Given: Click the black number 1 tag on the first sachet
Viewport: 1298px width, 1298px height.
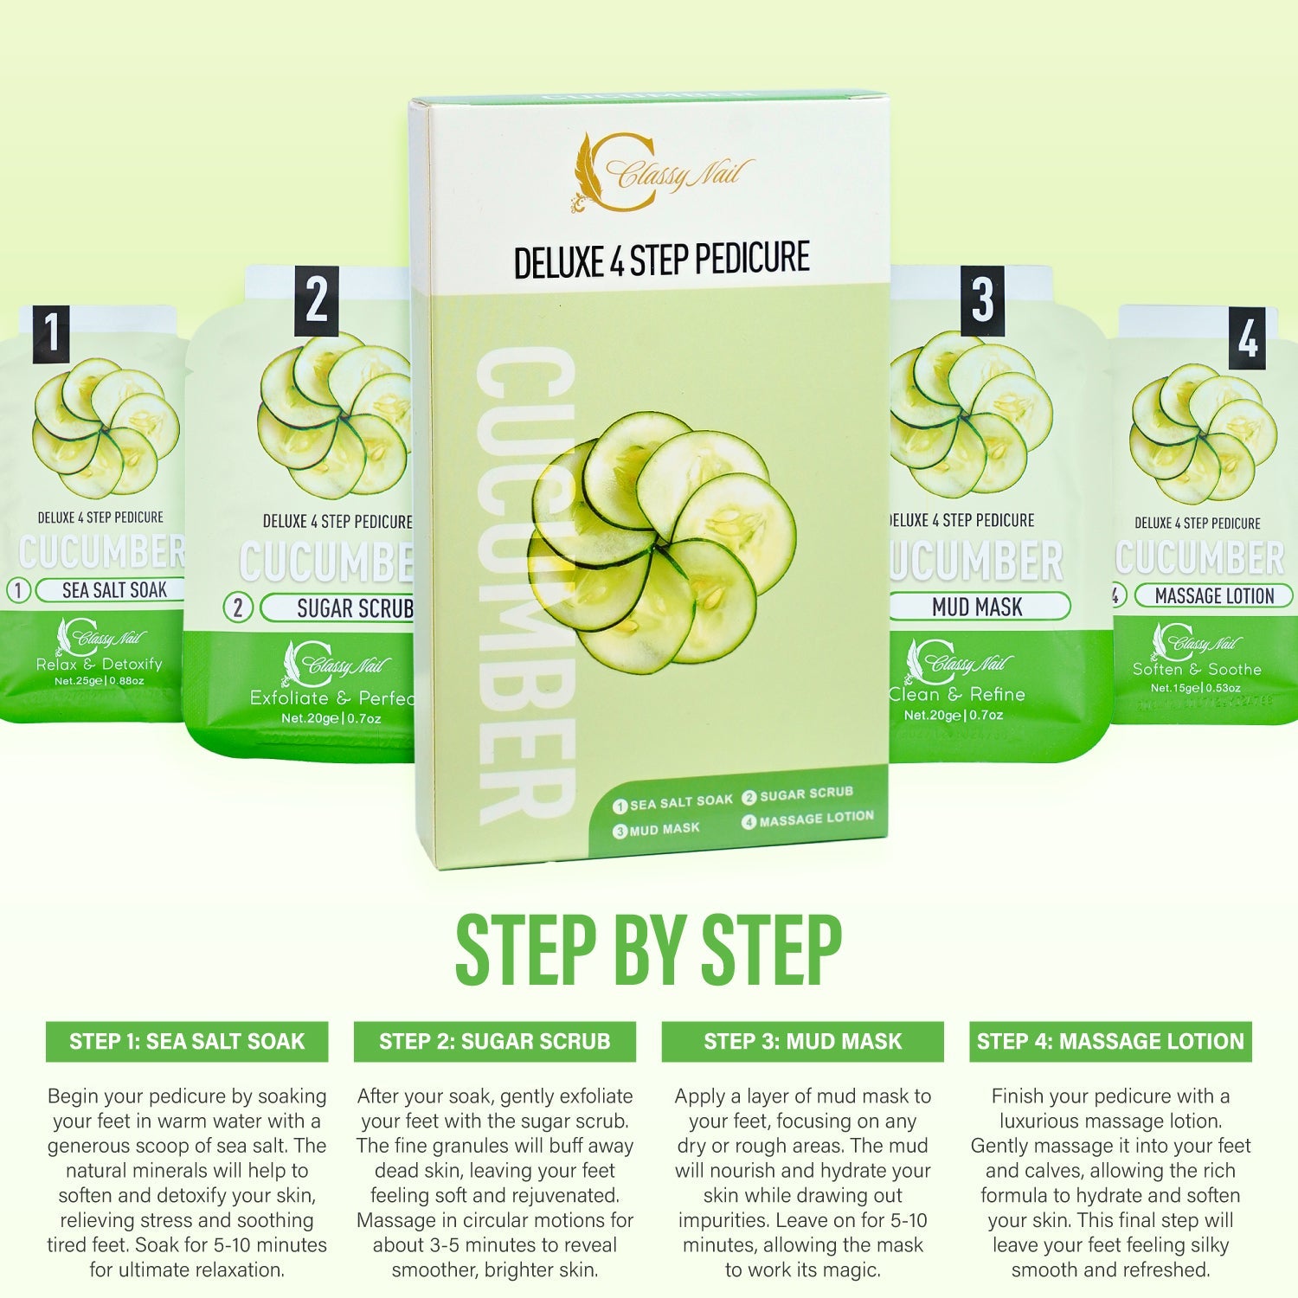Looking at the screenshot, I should (51, 334).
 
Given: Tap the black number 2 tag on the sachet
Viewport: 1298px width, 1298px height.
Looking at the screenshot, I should (316, 301).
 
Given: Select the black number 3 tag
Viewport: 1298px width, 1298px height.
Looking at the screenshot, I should (982, 300).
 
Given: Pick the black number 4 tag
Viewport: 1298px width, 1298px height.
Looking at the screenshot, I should (1247, 338).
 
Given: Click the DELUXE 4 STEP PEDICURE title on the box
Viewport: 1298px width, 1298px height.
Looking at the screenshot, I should (661, 260).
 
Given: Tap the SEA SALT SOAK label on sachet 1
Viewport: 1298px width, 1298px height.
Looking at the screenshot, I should (113, 590).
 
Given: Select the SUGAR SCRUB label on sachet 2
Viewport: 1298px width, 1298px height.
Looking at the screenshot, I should (353, 608).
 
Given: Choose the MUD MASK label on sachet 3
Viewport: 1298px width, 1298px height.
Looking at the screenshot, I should (977, 607).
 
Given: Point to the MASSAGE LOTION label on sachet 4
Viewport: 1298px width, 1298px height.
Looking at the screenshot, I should (1213, 596).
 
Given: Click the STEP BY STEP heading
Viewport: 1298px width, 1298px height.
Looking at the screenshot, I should (648, 950).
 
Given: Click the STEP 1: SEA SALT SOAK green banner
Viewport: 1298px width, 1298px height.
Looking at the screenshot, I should (187, 1041).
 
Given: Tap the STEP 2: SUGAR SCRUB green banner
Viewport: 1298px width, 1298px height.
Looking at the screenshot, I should (494, 1041).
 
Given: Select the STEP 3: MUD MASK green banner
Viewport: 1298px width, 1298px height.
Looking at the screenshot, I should (802, 1041).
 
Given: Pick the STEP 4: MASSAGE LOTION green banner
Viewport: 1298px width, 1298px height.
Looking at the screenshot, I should (1110, 1041).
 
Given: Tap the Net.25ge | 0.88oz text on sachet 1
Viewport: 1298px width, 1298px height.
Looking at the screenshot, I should (99, 681).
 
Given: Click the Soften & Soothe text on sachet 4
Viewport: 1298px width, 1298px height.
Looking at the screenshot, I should (1197, 669).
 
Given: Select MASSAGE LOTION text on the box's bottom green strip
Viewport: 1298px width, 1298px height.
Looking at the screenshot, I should (815, 818).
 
